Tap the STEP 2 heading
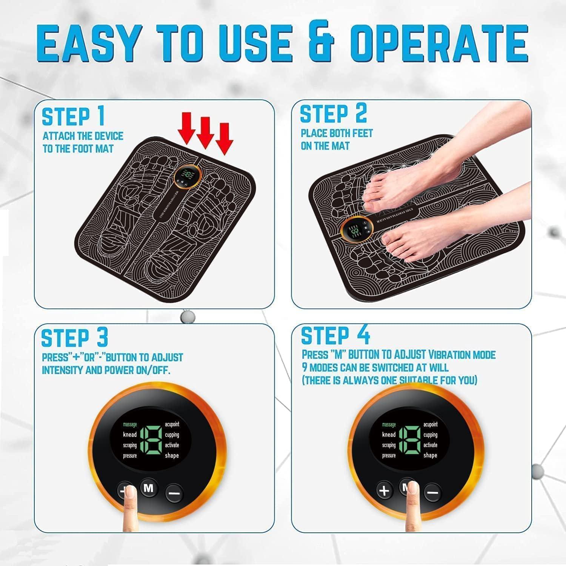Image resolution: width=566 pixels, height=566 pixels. [333, 114]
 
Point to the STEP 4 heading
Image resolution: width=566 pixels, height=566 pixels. [335, 335]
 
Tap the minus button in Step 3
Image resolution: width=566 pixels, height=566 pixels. [174, 492]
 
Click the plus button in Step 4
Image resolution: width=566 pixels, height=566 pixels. [384, 491]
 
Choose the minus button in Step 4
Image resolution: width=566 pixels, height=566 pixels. [433, 492]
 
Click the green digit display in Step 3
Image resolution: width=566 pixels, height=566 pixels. [151, 440]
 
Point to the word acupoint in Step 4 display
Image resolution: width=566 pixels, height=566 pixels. [430, 424]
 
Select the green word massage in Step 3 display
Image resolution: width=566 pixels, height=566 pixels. [130, 424]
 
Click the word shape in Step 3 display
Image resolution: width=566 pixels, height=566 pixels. [172, 455]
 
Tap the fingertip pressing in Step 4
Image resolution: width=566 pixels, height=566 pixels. [413, 491]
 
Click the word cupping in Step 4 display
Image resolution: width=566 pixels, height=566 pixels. [430, 435]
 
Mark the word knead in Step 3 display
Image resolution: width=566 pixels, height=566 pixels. [130, 435]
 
